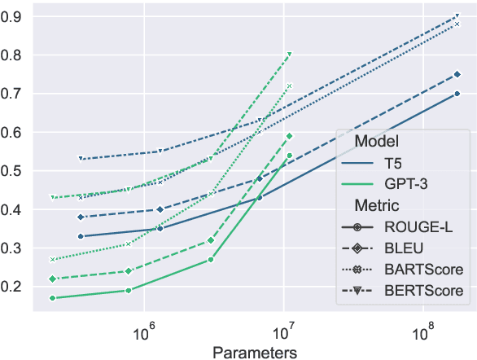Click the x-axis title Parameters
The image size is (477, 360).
254,352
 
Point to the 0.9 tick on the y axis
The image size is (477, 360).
17,16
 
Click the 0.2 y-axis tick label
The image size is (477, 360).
17,287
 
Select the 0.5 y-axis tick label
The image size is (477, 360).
17,171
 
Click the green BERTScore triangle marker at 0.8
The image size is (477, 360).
290,55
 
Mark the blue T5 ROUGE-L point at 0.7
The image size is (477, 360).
457,94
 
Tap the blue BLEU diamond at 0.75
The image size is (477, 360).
457,74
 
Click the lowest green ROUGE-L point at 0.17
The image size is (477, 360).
52,298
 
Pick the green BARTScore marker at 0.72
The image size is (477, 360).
290,86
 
